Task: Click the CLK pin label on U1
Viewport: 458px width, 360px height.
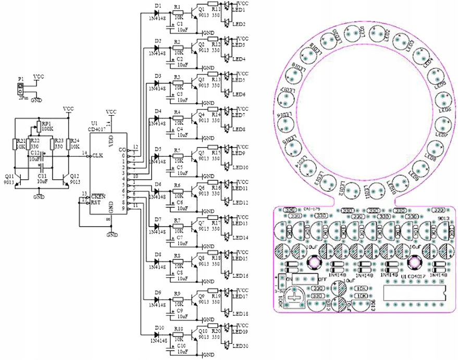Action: coord(97,155)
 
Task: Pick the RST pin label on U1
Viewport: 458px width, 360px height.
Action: coord(96,202)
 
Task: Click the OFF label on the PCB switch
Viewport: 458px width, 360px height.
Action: coord(323,280)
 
